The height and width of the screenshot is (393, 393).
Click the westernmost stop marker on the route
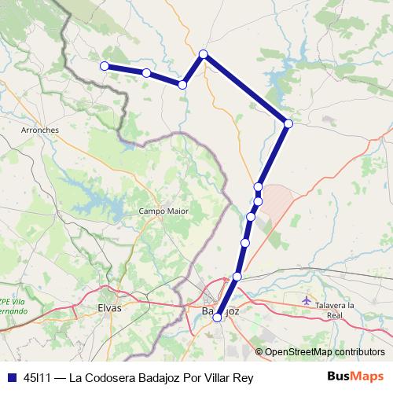[104, 66]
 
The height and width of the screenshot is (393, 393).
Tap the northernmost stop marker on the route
[204, 53]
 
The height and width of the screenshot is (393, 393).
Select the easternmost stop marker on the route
[288, 123]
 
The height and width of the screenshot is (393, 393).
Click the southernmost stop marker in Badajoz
[218, 318]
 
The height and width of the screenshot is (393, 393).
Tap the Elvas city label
[109, 308]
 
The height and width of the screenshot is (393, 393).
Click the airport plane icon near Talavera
[307, 299]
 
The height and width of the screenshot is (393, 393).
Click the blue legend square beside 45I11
[12, 377]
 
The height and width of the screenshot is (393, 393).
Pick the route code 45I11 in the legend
[39, 377]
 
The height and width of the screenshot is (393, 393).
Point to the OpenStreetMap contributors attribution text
[325, 351]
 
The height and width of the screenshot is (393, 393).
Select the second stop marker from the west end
[147, 73]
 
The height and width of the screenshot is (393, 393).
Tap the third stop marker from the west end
[182, 84]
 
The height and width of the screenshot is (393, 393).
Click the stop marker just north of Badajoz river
[237, 277]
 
